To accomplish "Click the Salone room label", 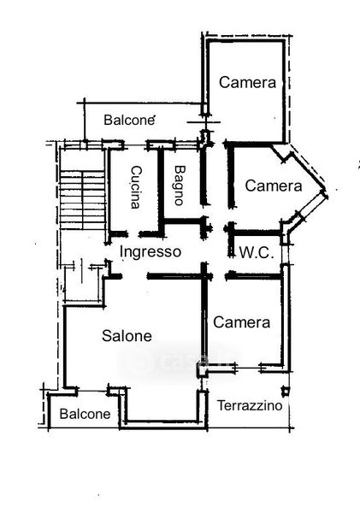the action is (x=127, y=336).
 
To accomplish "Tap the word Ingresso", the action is (x=150, y=252).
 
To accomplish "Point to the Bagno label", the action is (x=180, y=186).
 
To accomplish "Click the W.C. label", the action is (x=257, y=253).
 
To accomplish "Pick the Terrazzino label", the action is (x=250, y=405).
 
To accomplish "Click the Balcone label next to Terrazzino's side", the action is (x=86, y=414).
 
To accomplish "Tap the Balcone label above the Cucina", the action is (x=129, y=120).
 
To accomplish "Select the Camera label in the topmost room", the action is (x=247, y=82).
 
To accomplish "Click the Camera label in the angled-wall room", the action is (x=274, y=186).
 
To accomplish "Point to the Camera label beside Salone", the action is (x=241, y=322).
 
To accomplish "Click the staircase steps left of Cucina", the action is (x=83, y=200).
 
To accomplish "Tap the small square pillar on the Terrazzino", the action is (x=286, y=391).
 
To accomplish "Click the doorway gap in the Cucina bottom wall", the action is (x=133, y=234).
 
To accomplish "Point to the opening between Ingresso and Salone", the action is (x=135, y=276).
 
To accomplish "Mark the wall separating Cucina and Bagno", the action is (x=161, y=191).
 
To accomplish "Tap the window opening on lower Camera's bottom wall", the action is (x=247, y=368).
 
